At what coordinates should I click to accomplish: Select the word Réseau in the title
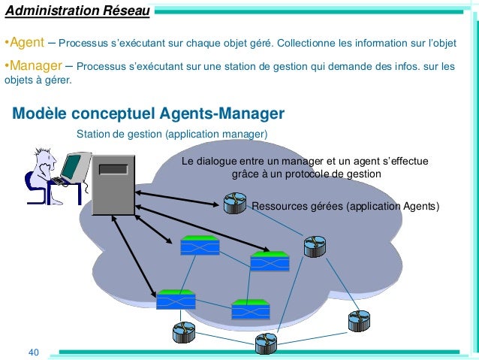pyautogui.click(x=122, y=11)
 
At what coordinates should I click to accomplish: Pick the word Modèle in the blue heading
pyautogui.click(x=38, y=114)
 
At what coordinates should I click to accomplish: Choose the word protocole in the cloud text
pyautogui.click(x=306, y=174)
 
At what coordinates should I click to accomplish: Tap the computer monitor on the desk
pyautogui.click(x=74, y=167)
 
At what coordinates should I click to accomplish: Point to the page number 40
pyautogui.click(x=33, y=352)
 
